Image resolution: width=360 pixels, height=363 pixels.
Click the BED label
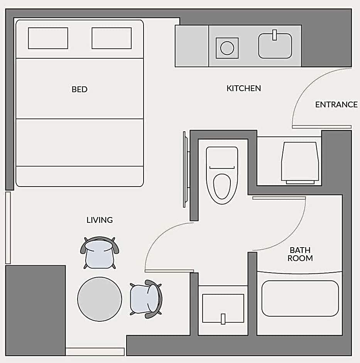click(79, 89)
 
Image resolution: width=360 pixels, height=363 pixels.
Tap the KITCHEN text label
click(243, 88)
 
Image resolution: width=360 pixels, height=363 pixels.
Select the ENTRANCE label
click(336, 105)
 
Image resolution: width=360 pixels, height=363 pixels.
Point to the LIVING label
click(100, 220)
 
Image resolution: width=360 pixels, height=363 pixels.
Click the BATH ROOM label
click(300, 254)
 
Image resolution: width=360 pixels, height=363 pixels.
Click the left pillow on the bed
click(48, 38)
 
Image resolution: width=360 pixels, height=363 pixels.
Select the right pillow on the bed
click(112, 38)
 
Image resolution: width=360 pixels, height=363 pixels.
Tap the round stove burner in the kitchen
click(227, 48)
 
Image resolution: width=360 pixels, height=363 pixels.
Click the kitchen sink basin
click(275, 46)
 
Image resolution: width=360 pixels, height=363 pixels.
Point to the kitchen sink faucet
click(275, 35)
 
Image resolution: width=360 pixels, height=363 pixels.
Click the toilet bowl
click(222, 187)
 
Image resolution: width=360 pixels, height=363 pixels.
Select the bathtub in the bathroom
click(300, 299)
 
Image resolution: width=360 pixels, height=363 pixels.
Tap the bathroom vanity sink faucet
click(223, 319)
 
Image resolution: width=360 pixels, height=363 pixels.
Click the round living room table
click(100, 299)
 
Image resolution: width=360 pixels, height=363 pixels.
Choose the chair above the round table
click(100, 253)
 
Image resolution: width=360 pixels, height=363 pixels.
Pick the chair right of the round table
click(146, 299)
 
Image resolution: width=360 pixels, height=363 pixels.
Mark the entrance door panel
click(321, 127)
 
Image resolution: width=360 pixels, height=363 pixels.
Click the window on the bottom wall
click(95, 352)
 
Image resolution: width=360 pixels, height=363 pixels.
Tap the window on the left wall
click(8, 228)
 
